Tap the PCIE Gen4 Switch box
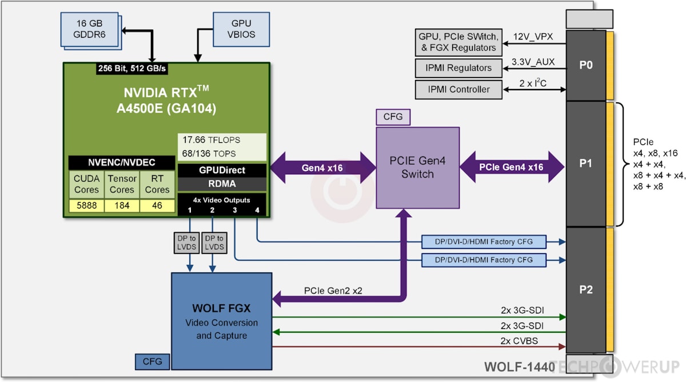click(417, 168)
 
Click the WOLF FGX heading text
click(221, 309)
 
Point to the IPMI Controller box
click(459, 89)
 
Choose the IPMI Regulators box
click(459, 68)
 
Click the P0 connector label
click(585, 65)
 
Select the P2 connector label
click(585, 289)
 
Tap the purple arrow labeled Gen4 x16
click(322, 168)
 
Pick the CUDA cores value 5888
click(86, 206)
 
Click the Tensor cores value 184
click(122, 206)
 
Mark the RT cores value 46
click(157, 206)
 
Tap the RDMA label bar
click(222, 184)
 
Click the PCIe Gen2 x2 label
click(333, 291)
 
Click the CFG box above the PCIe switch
click(393, 117)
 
